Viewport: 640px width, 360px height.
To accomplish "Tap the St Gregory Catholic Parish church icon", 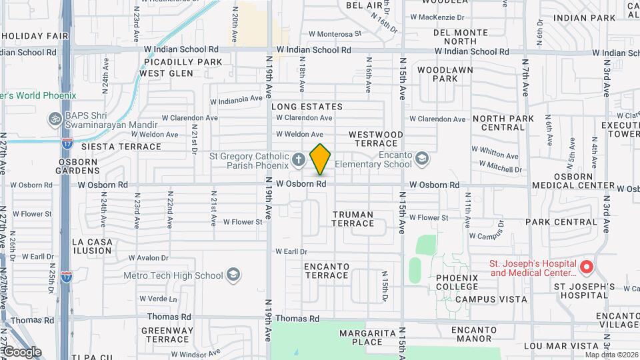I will tap(299, 160).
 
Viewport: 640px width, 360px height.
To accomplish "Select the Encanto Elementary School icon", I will tap(421, 158).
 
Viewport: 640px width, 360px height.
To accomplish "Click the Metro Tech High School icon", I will tap(233, 275).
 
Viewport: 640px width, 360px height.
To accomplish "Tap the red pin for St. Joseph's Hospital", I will tap(587, 267).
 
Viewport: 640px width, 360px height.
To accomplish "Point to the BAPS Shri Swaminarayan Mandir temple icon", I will tap(55, 119).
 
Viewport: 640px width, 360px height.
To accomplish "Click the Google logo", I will tap(21, 351).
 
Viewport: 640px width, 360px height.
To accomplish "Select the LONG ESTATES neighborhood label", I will tap(307, 107).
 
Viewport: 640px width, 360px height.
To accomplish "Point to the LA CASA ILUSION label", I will tap(92, 246).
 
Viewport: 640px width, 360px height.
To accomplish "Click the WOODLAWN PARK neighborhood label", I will tap(445, 74).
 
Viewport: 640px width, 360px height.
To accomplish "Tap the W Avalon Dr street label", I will tap(152, 257).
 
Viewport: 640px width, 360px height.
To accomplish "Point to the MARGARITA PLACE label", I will tap(361, 337).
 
